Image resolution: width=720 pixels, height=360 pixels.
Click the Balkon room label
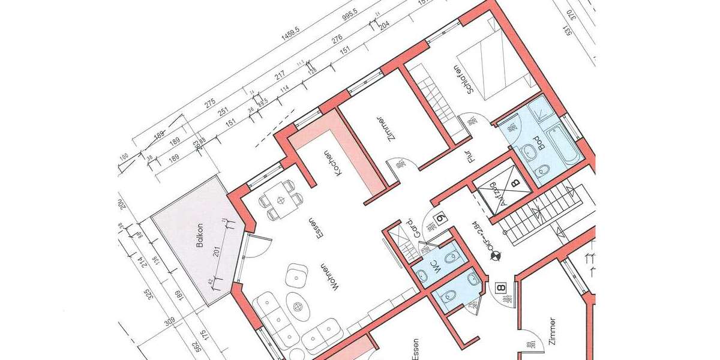pyautogui.click(x=200, y=236)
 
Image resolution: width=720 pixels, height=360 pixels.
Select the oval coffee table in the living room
pyautogui.click(x=297, y=304)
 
